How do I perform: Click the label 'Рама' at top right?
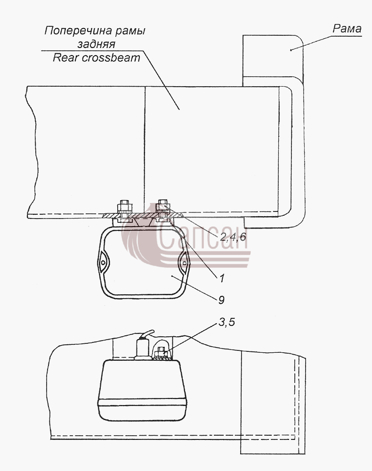coord(347,29)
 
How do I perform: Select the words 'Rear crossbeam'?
coord(97,57)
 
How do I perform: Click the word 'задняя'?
coord(97,44)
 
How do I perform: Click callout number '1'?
coord(222,278)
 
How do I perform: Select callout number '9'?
coord(221,299)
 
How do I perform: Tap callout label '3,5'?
coord(226,322)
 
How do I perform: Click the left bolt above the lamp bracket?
coord(124,208)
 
